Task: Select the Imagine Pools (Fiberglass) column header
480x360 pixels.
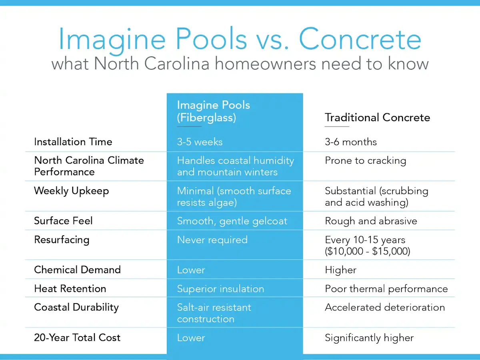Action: click(x=214, y=111)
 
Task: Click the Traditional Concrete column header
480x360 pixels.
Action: click(x=377, y=118)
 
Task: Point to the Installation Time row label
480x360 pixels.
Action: click(x=73, y=142)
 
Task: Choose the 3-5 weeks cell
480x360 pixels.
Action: click(x=200, y=142)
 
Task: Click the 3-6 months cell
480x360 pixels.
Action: click(x=351, y=142)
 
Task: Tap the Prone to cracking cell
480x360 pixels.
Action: click(x=365, y=161)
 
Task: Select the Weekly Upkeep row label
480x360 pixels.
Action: click(x=71, y=191)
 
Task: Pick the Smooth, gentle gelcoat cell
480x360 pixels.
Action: click(x=232, y=221)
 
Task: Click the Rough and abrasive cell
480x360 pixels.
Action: click(x=371, y=221)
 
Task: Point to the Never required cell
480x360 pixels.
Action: click(x=212, y=240)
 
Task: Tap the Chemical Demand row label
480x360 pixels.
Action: click(x=77, y=270)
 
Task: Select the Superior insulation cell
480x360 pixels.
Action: click(x=220, y=289)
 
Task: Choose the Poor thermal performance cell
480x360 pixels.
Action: click(x=386, y=289)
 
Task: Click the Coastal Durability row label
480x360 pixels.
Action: click(x=76, y=307)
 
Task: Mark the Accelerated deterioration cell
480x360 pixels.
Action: click(x=385, y=307)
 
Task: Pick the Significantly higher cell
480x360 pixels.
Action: click(x=369, y=338)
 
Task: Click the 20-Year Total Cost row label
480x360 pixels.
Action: click(x=77, y=338)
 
